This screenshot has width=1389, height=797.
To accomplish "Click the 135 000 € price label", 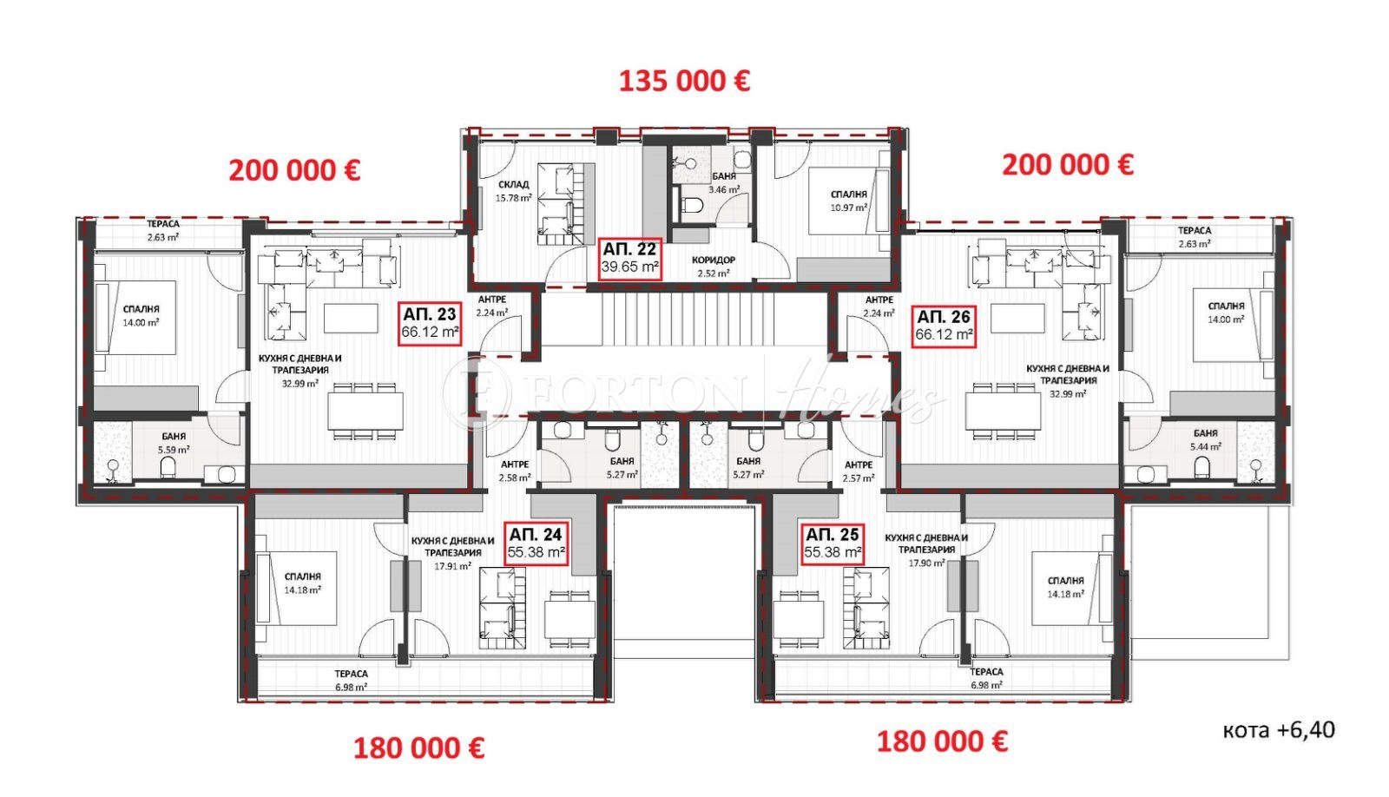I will click(684, 82).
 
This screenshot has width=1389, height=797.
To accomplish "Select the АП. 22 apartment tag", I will click(630, 258).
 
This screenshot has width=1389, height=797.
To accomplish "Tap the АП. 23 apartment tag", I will click(429, 324).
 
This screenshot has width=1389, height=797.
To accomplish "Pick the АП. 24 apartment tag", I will click(537, 543).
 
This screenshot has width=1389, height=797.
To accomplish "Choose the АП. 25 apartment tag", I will click(833, 543).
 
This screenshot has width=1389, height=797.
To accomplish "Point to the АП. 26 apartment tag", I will click(945, 325).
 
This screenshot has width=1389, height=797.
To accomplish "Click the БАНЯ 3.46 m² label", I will click(723, 182).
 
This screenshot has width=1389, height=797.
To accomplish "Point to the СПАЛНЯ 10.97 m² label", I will click(848, 201).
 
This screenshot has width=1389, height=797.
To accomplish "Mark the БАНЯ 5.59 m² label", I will click(173, 443).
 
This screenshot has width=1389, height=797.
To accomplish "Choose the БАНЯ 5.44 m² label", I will click(1205, 439).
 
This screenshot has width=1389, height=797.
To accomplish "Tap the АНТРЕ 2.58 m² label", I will click(514, 471).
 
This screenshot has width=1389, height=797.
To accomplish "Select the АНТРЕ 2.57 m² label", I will click(859, 471).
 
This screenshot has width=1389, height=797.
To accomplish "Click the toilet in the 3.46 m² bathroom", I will click(692, 207).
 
